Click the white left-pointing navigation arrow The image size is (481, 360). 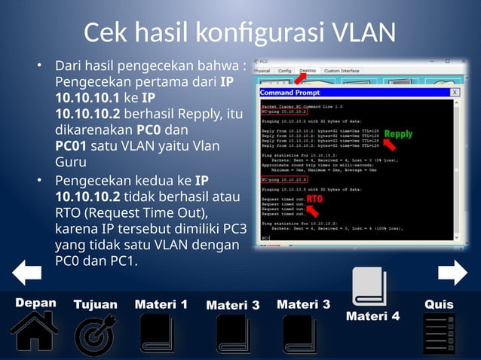[x=27, y=272]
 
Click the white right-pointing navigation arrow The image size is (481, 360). [x=452, y=272]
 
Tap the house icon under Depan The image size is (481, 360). [x=33, y=332]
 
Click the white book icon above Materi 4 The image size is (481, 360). [x=369, y=288]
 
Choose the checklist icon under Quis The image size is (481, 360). [x=439, y=334]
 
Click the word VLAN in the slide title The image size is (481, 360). [x=357, y=32]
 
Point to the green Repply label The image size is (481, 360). [x=398, y=135]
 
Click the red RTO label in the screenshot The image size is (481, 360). [x=314, y=199]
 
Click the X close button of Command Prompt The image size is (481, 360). [x=455, y=92]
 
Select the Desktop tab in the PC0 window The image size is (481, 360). [x=308, y=71]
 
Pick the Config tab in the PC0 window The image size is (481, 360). [x=284, y=71]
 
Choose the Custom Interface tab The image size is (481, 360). [x=342, y=71]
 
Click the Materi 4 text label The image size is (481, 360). [x=372, y=316]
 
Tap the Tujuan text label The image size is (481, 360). [x=95, y=304]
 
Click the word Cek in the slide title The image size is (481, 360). [x=107, y=32]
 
